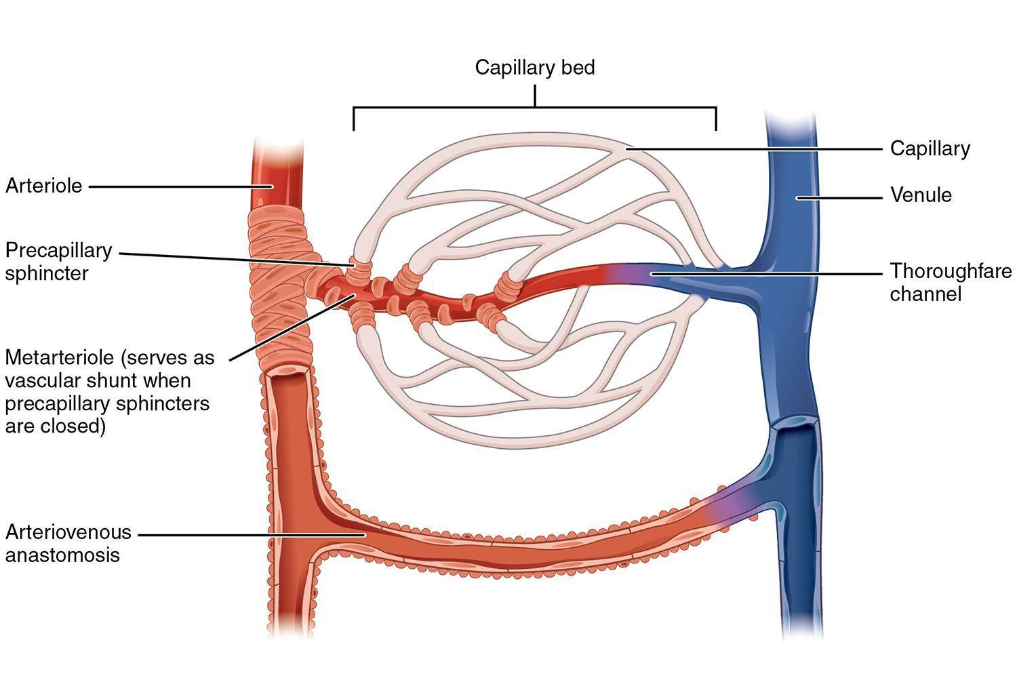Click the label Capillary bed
point(534,68)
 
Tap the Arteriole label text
point(43,186)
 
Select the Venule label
point(921,195)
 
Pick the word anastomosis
point(62,555)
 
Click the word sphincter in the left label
point(47,273)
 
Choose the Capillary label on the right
point(930,148)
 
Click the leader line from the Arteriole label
point(176,186)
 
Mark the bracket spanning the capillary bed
point(534,108)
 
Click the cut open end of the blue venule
point(797,426)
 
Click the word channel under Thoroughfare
point(925,294)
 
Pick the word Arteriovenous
point(68,532)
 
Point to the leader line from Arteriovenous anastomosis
point(251,534)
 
